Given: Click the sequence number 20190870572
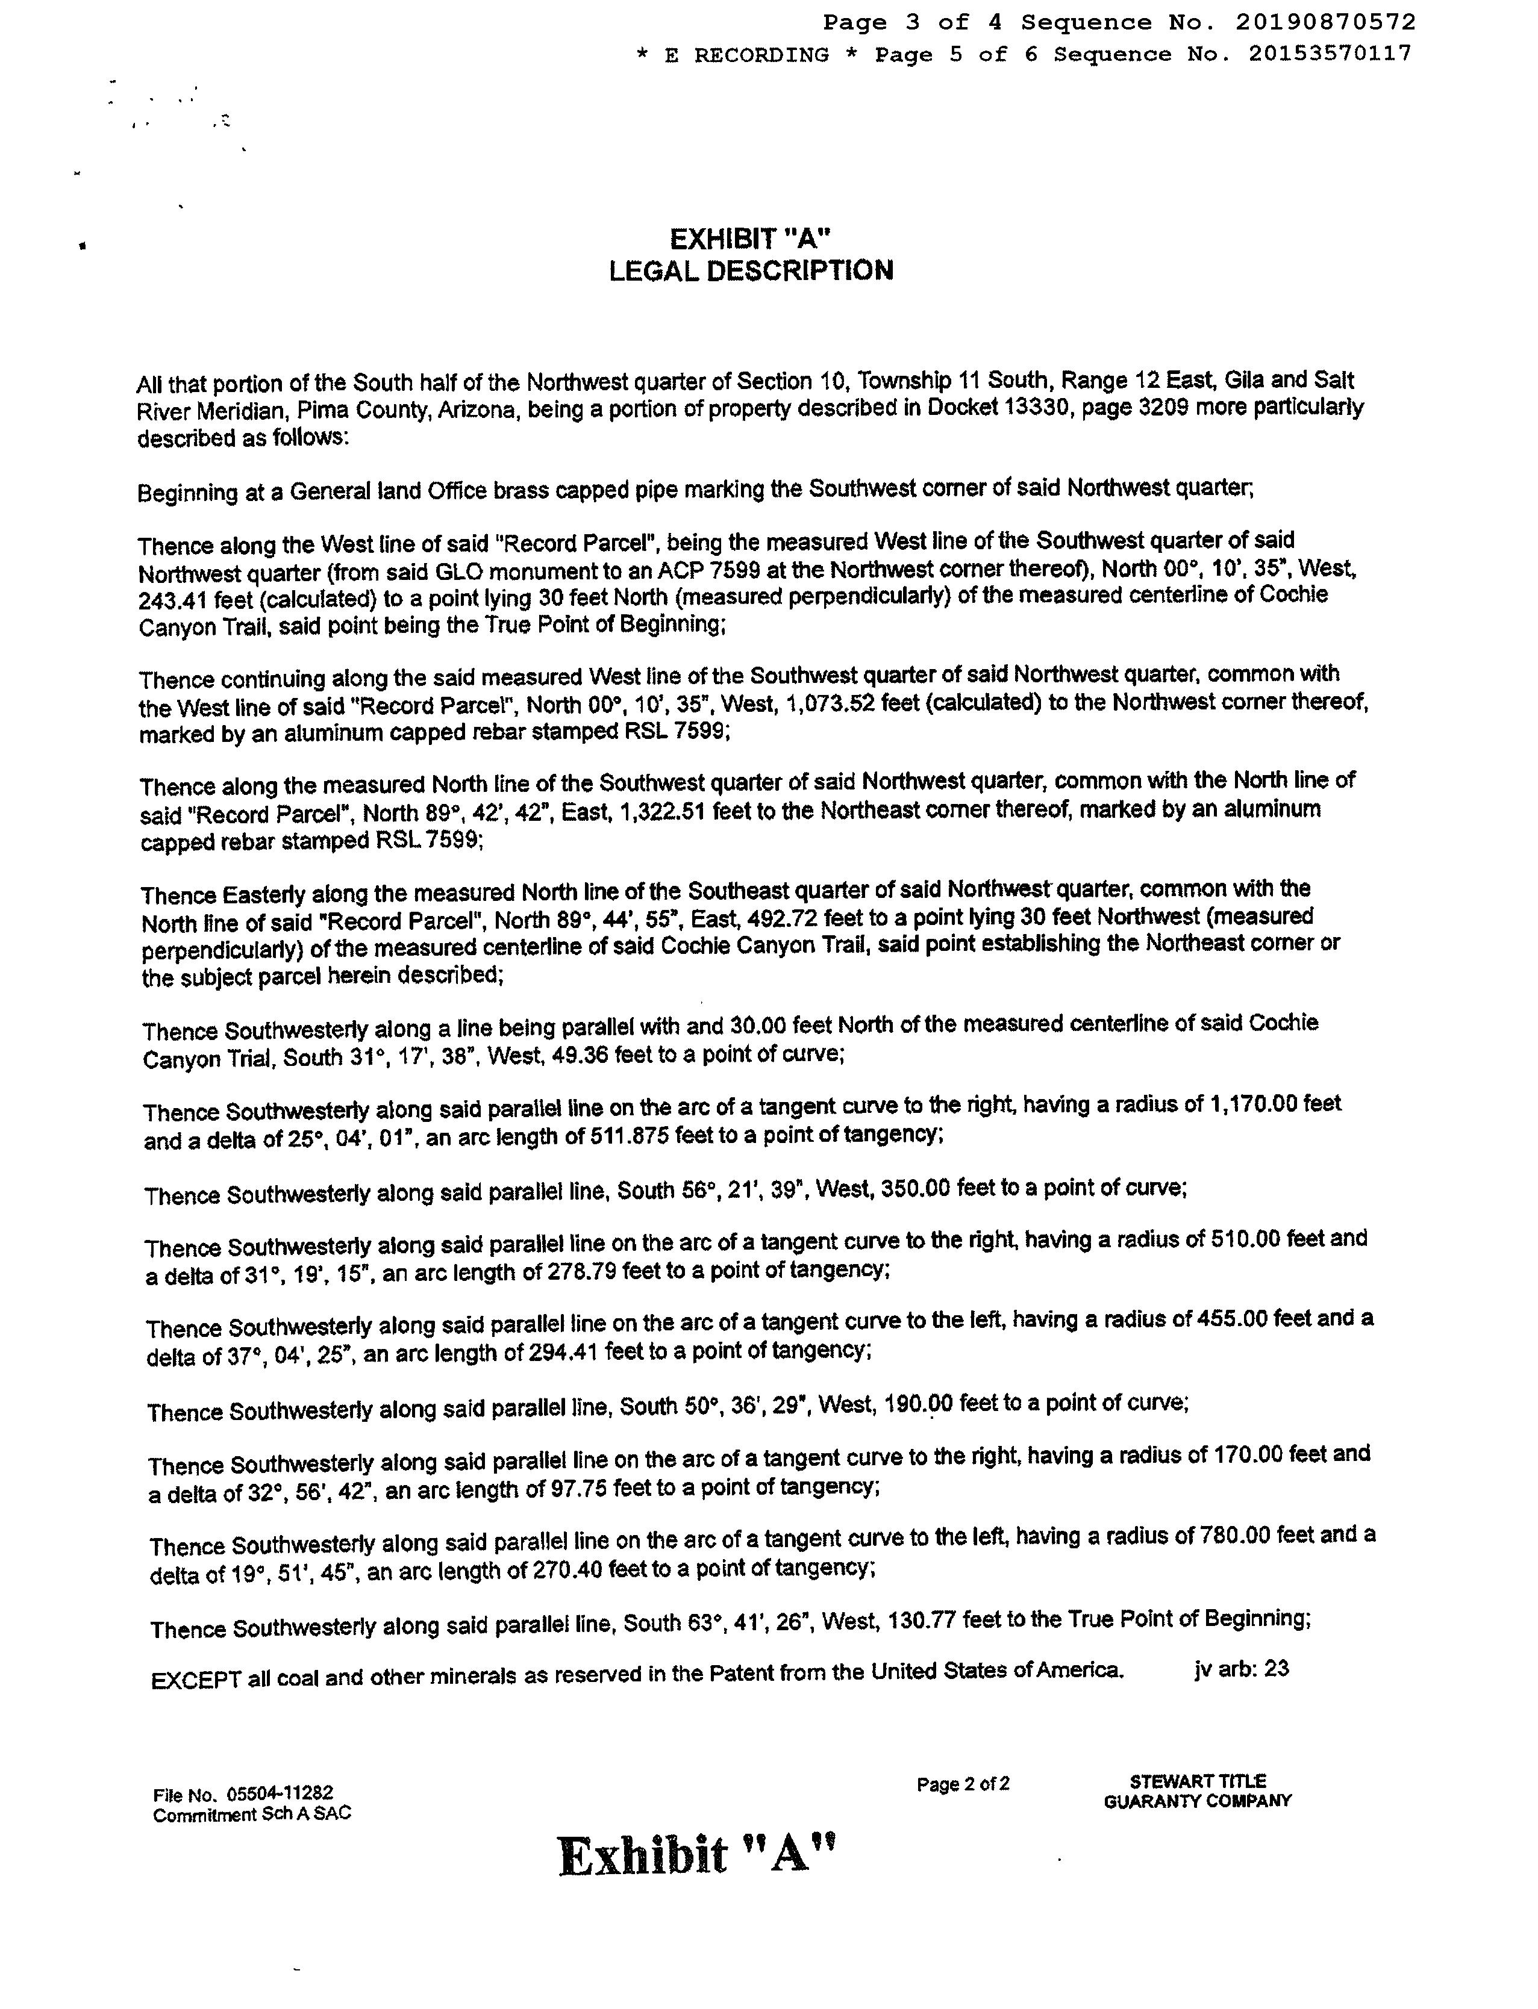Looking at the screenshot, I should tap(1325, 22).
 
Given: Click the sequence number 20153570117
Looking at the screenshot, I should tap(1330, 55).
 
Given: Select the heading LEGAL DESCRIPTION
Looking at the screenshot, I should tap(751, 271).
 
